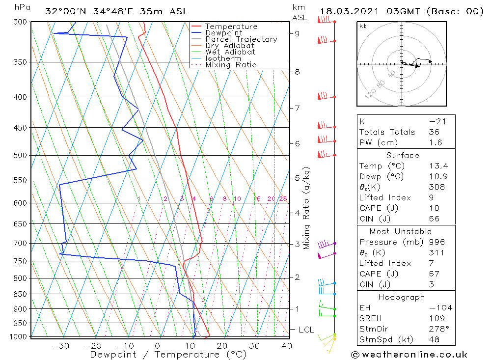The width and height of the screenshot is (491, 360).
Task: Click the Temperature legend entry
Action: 231,27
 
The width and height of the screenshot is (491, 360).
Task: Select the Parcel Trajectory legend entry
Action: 241,39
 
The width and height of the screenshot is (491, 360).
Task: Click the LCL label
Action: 306,330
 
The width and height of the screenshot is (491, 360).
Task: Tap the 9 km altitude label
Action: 298,33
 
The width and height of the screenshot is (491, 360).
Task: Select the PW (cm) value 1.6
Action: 435,143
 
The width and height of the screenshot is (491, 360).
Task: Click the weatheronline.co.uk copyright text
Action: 409,355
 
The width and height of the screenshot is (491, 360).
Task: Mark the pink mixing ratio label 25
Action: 283,199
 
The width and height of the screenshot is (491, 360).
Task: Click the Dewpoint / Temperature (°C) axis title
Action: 168,355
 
